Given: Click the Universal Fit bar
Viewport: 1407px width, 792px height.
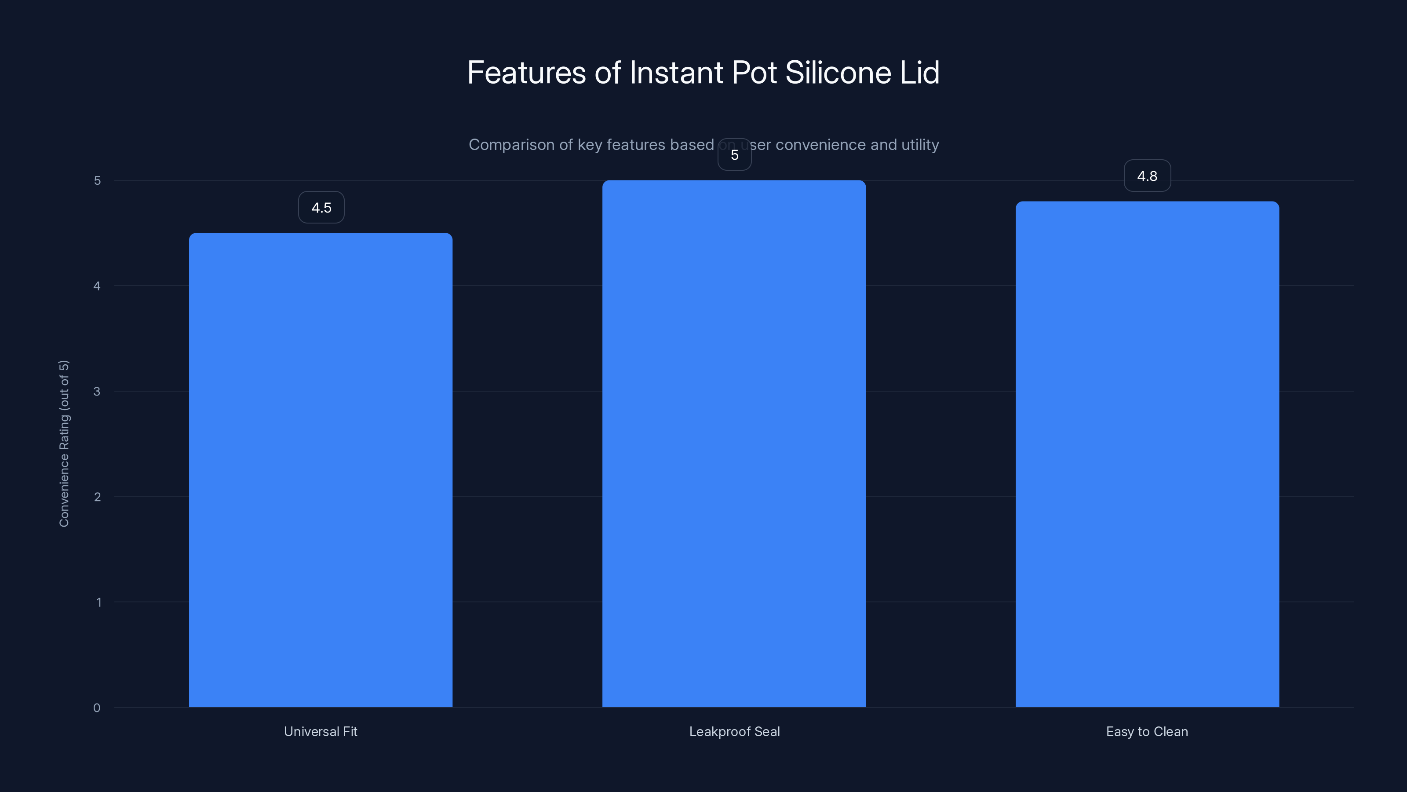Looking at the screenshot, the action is pyautogui.click(x=321, y=470).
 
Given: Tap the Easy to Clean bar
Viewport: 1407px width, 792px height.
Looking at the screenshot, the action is pyautogui.click(x=1148, y=454).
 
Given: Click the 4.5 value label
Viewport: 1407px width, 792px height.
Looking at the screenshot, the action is pyautogui.click(x=321, y=208).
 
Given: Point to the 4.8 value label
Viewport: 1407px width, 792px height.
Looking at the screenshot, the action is pyautogui.click(x=1148, y=176).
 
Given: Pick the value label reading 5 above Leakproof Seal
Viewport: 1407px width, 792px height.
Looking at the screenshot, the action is pyautogui.click(x=735, y=155).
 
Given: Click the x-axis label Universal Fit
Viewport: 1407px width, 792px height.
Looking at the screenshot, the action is pyautogui.click(x=321, y=732).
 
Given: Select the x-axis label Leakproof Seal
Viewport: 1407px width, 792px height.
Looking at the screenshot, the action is pyautogui.click(x=735, y=732).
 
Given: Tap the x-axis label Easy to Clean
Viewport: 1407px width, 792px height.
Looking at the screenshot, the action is pyautogui.click(x=1147, y=732).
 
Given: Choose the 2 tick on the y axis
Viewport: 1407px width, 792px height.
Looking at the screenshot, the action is pyautogui.click(x=97, y=497).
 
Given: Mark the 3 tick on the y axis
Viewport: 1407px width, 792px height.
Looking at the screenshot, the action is pyautogui.click(x=97, y=391).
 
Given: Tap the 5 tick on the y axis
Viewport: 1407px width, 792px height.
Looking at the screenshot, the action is pyautogui.click(x=97, y=180).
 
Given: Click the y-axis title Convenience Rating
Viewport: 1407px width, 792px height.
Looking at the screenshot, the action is pyautogui.click(x=64, y=443).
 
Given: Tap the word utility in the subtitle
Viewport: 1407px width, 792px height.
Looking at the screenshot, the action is pyautogui.click(x=920, y=145).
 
